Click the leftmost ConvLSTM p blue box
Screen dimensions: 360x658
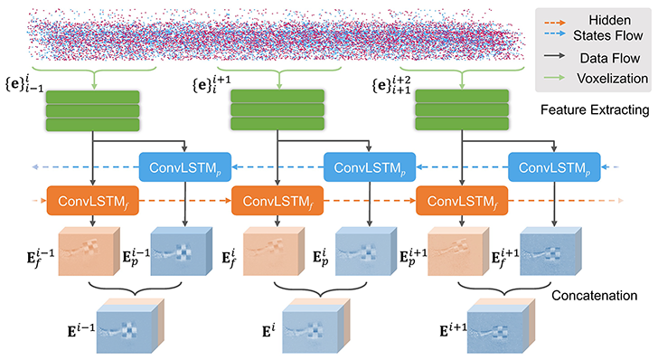[185, 167]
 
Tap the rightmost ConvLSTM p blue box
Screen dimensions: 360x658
[554, 167]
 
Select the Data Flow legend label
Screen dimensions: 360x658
[607, 58]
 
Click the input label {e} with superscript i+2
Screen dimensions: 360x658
[391, 86]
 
